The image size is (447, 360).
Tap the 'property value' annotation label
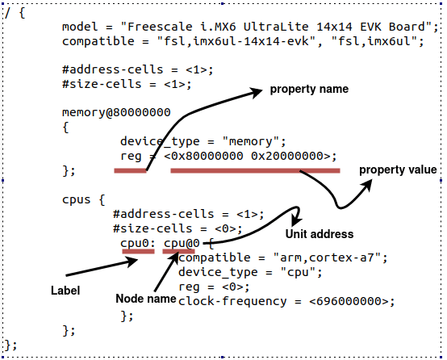398,170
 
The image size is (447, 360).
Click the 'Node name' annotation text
146,299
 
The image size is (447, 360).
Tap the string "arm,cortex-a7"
339,257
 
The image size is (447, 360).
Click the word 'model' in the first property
78,27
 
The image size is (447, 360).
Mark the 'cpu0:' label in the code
136,242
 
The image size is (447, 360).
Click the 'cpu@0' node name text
182,242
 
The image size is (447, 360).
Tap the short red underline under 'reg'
130,170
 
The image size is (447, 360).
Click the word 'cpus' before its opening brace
76,199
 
